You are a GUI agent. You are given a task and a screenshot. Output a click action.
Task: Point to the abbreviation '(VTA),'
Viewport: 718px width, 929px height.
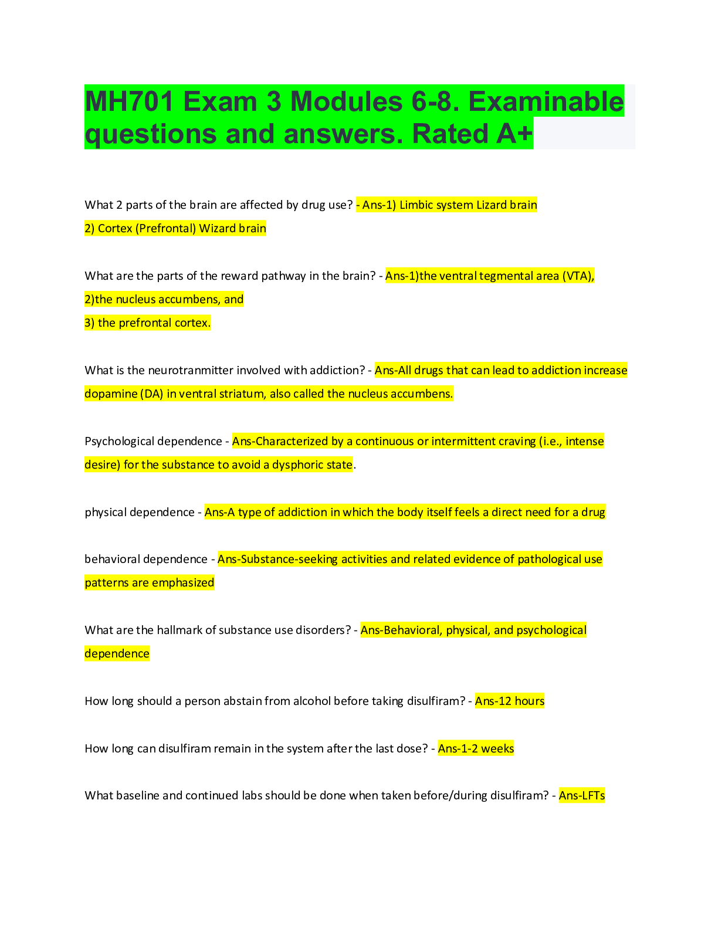pos(578,276)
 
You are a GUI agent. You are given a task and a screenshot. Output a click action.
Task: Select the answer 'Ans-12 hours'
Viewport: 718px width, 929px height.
pos(510,701)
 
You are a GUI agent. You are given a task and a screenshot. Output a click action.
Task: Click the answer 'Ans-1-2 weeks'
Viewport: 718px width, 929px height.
pos(476,748)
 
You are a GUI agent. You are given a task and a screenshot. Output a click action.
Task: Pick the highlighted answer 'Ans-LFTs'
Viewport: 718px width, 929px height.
pos(581,795)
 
